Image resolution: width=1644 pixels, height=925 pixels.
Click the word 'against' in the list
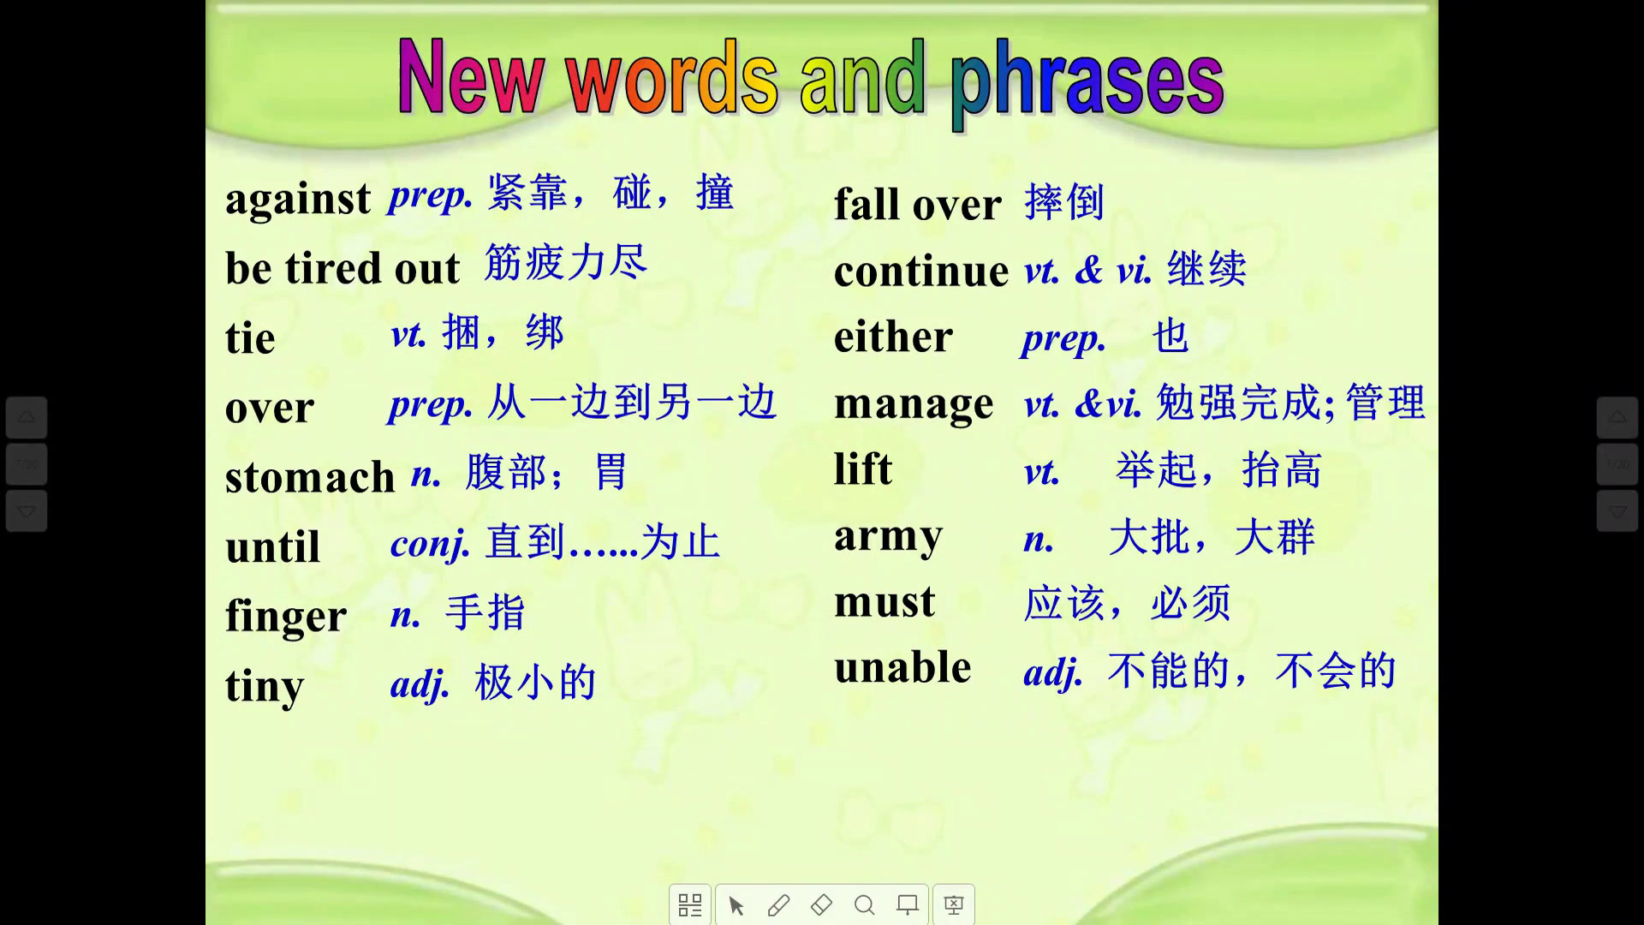298,200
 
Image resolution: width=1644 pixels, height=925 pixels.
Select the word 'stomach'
310,476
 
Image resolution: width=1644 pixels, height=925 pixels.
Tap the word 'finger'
286,615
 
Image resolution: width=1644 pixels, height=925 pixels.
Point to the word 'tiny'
265,686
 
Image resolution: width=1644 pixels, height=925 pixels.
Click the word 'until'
273,546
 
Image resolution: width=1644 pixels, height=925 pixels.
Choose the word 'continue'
921,271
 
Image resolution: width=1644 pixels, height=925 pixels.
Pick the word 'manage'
914,404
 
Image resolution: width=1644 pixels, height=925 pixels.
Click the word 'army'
888,537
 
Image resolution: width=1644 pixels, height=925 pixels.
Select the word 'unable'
902,666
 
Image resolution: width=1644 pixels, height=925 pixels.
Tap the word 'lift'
863,468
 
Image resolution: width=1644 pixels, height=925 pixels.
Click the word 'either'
893,336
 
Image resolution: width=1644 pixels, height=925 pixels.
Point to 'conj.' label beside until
431,543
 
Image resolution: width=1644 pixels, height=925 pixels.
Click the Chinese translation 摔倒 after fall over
1064,202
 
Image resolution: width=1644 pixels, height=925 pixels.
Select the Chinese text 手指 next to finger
485,613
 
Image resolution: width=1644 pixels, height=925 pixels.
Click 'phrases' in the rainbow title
1087,81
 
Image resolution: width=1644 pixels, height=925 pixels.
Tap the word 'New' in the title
471,77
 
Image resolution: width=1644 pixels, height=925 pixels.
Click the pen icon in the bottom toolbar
778,904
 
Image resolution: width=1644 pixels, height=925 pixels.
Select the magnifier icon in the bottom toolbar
865,904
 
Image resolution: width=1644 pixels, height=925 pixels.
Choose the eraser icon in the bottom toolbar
821,904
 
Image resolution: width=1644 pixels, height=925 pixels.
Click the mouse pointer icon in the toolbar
736,905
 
